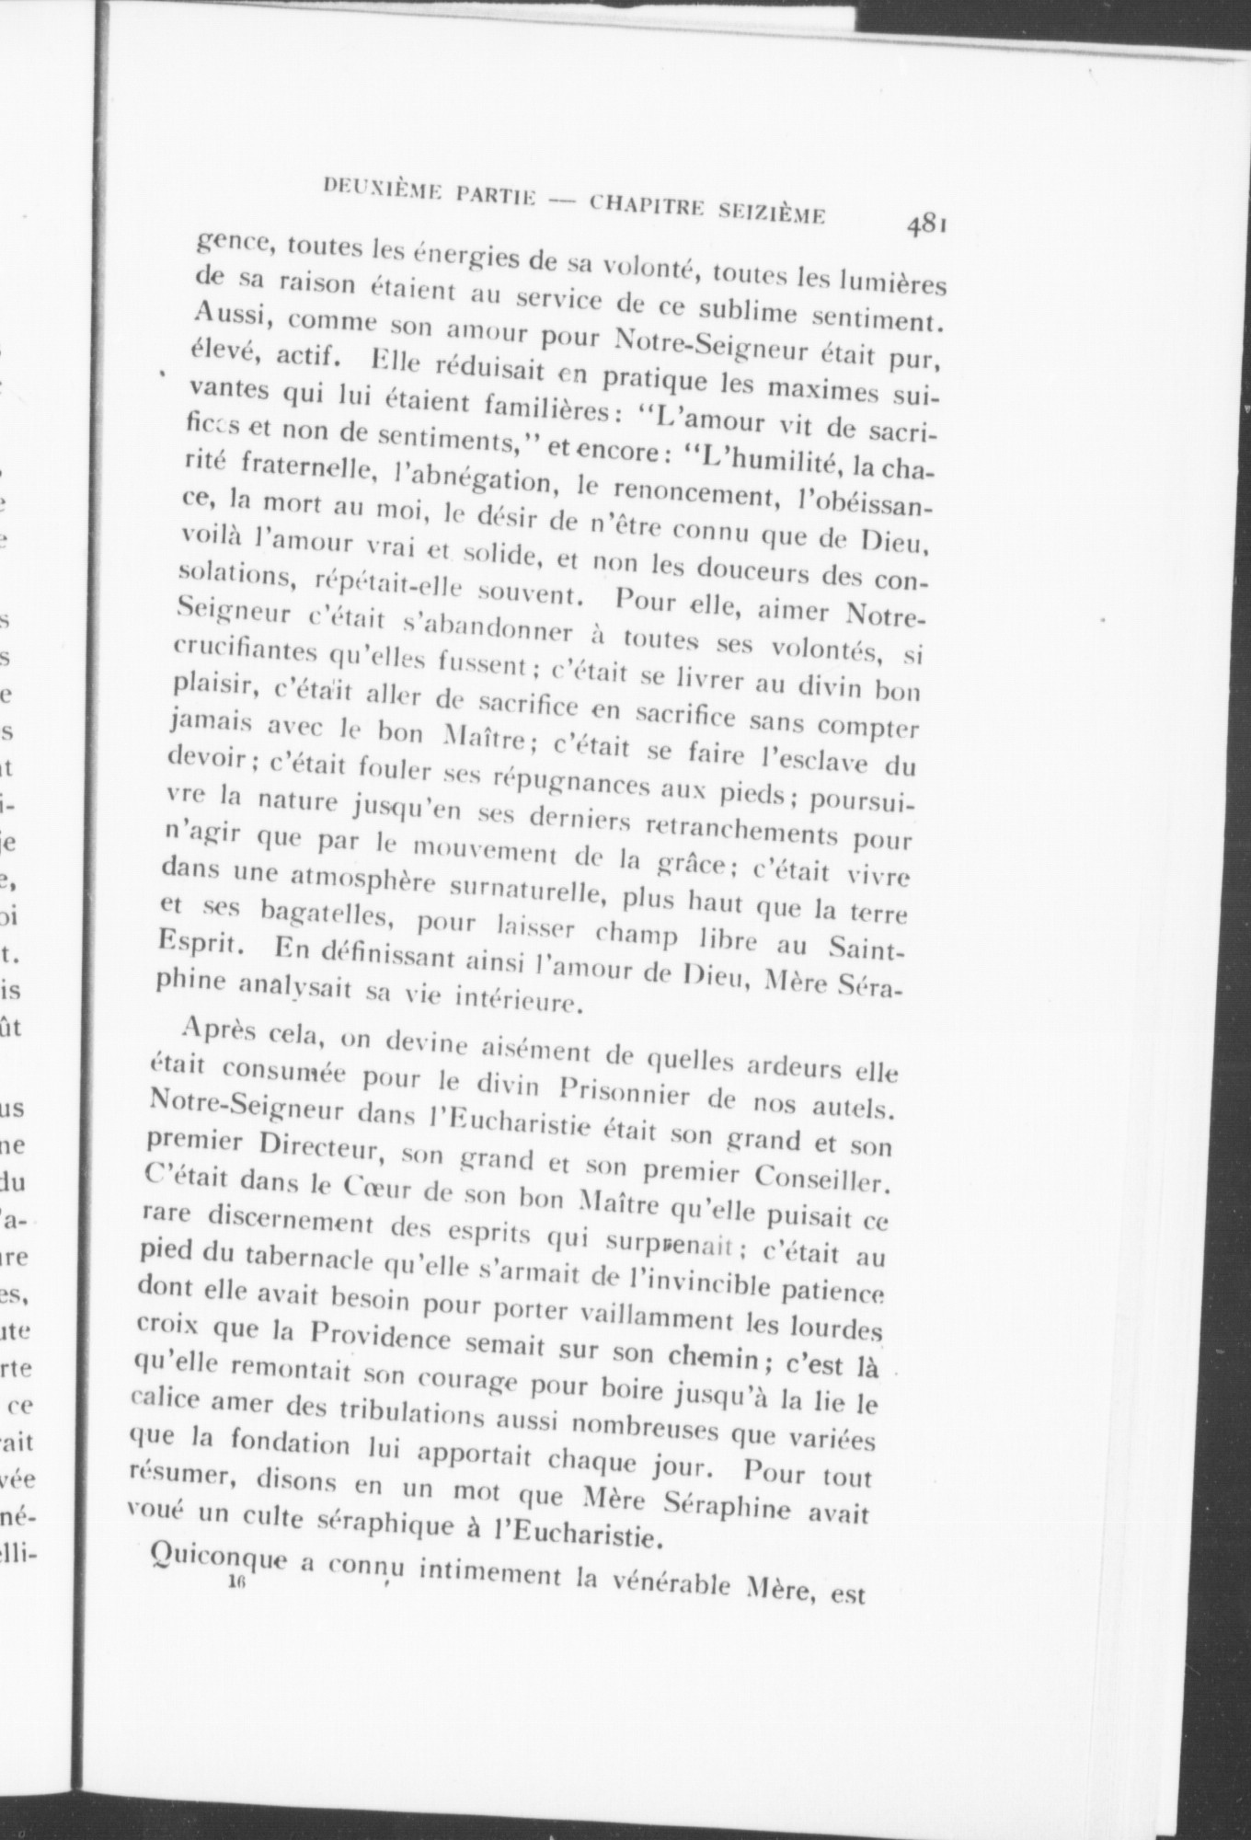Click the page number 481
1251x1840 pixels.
(x=926, y=224)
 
